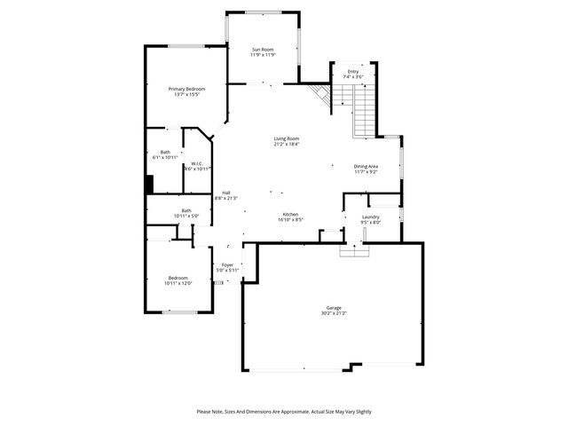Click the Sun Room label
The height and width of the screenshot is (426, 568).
(263, 49)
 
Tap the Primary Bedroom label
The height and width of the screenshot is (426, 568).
(187, 89)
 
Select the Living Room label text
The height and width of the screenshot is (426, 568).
(286, 138)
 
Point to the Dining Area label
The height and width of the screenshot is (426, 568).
(367, 166)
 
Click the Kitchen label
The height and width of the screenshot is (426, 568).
(289, 214)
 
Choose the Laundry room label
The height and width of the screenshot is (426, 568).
(371, 217)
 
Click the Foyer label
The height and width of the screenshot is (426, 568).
(227, 264)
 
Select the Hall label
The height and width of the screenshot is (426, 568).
(226, 193)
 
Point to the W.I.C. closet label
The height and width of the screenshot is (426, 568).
(197, 163)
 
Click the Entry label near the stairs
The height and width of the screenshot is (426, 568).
(353, 72)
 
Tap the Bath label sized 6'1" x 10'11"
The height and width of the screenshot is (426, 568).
(165, 152)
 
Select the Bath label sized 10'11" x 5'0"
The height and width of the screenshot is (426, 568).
(186, 210)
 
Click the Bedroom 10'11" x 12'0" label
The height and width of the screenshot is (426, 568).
(179, 279)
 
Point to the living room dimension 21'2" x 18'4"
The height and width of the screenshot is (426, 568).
(286, 144)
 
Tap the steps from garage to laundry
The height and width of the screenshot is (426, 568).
(353, 250)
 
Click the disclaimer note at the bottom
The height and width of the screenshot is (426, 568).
(284, 412)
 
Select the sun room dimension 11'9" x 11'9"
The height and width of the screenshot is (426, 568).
(263, 54)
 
